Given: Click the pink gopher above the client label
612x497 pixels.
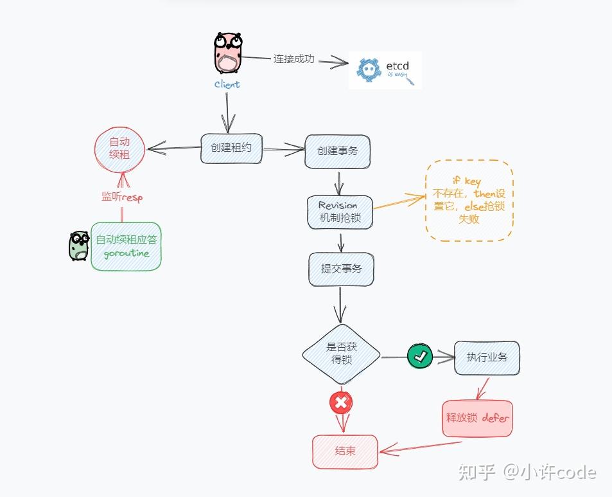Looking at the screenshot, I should point(227,53).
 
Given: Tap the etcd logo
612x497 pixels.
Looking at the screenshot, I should point(385,69).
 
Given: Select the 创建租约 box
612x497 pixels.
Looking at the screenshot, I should point(231,148).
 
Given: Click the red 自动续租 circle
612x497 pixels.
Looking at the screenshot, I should point(120,149).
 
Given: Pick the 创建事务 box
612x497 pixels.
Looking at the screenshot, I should point(337,151).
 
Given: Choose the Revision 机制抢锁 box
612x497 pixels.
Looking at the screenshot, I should point(340,212).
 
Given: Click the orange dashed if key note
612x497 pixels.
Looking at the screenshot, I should point(469,200).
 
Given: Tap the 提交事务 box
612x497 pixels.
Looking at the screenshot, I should point(340,269).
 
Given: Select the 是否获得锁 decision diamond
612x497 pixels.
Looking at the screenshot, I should point(341,354).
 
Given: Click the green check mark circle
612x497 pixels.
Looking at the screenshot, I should point(420,356).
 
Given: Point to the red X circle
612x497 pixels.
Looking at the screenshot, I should point(341,403).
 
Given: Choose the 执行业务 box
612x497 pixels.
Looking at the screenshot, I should point(487,357).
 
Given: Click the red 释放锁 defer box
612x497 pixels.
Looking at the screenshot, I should point(477,419).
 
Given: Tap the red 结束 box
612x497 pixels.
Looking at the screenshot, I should point(345,451).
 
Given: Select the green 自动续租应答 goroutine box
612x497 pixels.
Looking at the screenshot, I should point(126,246).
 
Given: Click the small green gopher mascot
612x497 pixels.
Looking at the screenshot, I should point(78,246).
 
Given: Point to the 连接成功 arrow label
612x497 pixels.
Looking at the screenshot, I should point(293,59).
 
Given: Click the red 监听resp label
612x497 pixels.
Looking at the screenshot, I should point(121,197).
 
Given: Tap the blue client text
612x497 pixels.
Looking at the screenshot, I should point(227,84).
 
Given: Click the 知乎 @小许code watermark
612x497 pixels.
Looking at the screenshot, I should point(527,473).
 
